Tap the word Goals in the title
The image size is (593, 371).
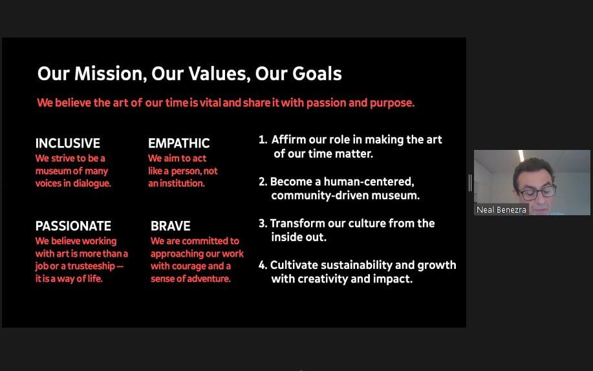[317, 74]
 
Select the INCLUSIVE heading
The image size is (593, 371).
[68, 143]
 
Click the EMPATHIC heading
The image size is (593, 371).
[179, 143]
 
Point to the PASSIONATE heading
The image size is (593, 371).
[73, 226]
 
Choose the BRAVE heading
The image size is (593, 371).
[171, 226]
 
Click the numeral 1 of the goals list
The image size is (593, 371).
[262, 140]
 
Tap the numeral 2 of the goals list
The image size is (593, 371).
[263, 182]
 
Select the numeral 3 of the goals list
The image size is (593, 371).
[263, 223]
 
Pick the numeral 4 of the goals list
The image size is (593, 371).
[263, 265]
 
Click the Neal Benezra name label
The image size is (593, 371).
[501, 210]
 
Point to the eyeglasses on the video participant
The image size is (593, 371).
[537, 193]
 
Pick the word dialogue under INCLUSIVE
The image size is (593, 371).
[92, 184]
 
